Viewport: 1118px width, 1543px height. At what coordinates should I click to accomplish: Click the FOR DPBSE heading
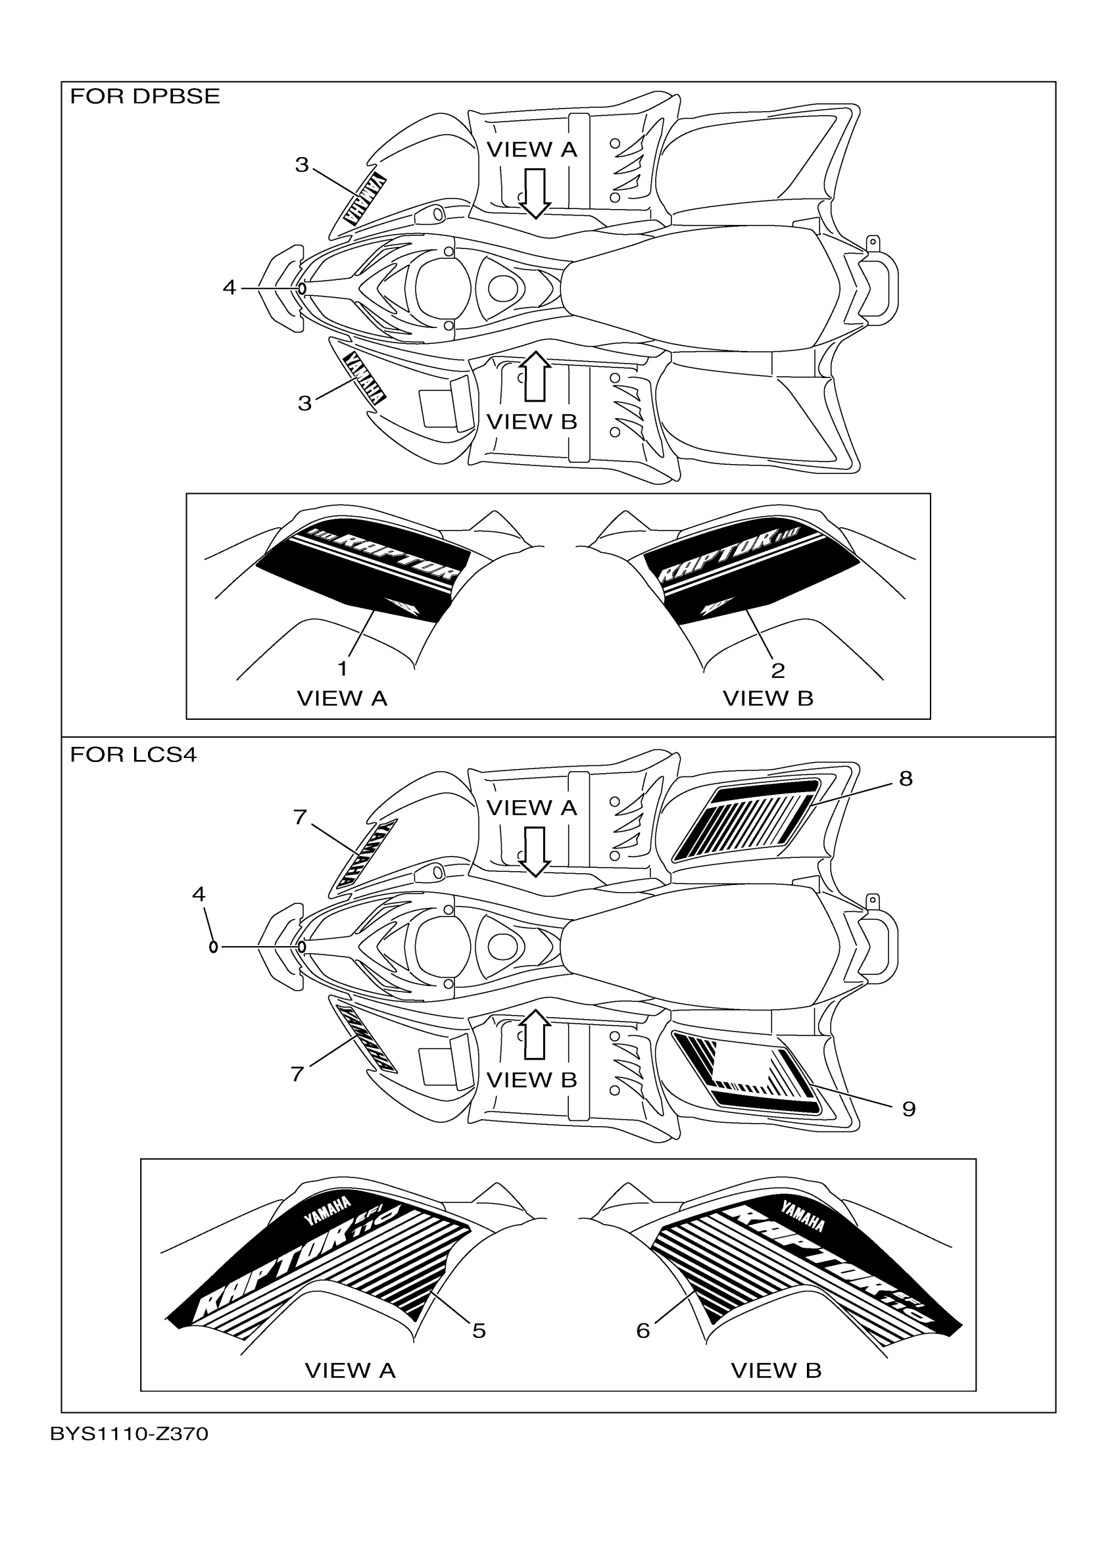coord(145,97)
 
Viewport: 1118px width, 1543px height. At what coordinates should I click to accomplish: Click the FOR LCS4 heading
coord(134,755)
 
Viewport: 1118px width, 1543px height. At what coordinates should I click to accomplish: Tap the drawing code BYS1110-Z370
coord(130,1434)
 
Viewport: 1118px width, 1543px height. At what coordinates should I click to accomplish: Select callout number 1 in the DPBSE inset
coord(342,669)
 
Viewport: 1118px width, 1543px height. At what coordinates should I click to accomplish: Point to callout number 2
coord(778,671)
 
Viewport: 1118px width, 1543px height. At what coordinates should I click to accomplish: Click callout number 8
coord(905,779)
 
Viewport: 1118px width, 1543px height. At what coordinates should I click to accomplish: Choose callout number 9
coord(908,1110)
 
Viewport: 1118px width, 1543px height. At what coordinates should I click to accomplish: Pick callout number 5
coord(479,1331)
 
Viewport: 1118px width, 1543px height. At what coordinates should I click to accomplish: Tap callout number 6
coord(643,1331)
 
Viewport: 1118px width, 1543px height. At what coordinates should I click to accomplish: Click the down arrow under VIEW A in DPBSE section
coord(535,193)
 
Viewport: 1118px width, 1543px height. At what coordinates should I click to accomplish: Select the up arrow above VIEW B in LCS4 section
coord(535,1035)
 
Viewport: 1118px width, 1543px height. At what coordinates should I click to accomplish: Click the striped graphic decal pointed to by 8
coord(745,822)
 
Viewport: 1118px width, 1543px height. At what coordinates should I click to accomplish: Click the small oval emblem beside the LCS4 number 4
coord(214,946)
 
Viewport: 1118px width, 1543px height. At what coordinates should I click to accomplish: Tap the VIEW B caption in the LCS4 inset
coord(776,1370)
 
